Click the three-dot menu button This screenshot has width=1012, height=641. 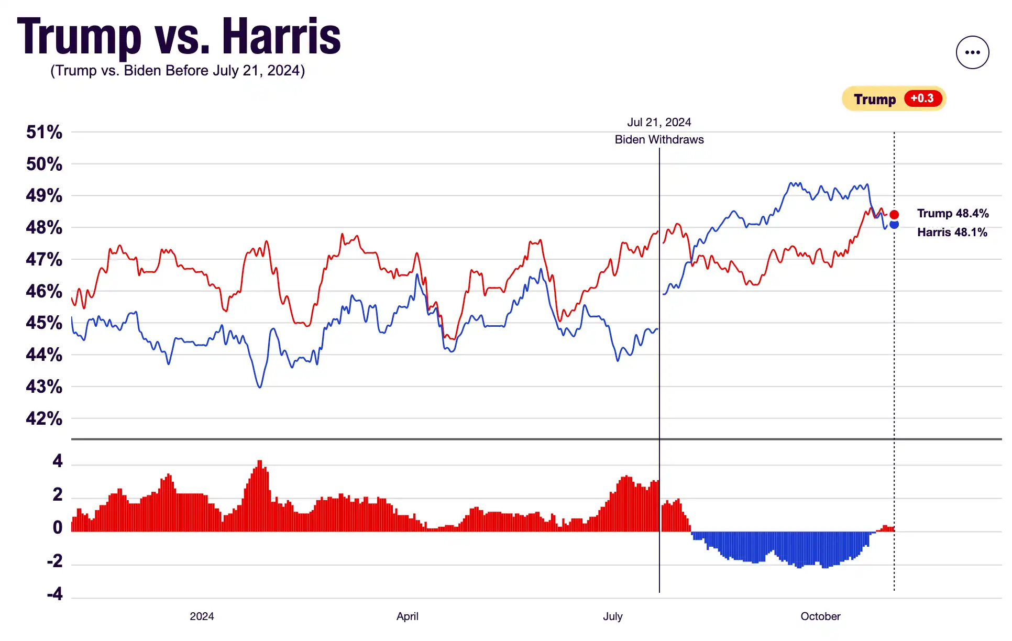[972, 52]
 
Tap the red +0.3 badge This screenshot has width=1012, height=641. [922, 98]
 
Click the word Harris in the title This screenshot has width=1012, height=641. [281, 36]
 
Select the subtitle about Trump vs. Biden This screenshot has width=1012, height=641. [178, 71]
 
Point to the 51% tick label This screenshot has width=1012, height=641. [44, 132]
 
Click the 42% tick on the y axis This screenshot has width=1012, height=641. [44, 418]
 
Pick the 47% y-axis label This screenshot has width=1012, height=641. [44, 259]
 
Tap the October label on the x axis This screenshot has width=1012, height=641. [820, 616]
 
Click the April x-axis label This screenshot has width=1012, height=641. [407, 616]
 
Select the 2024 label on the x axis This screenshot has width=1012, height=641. [202, 616]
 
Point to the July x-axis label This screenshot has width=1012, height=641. [612, 616]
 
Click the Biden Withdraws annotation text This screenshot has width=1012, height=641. [659, 140]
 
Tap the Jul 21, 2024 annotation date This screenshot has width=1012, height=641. [659, 123]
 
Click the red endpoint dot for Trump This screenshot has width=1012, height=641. [894, 215]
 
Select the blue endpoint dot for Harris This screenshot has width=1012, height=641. [894, 225]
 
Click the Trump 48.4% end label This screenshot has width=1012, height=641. [953, 214]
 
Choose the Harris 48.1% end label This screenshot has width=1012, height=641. [952, 233]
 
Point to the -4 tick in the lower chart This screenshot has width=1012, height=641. [54, 594]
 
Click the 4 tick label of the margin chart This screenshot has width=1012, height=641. [57, 461]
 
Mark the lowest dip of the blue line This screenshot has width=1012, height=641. [260, 387]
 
